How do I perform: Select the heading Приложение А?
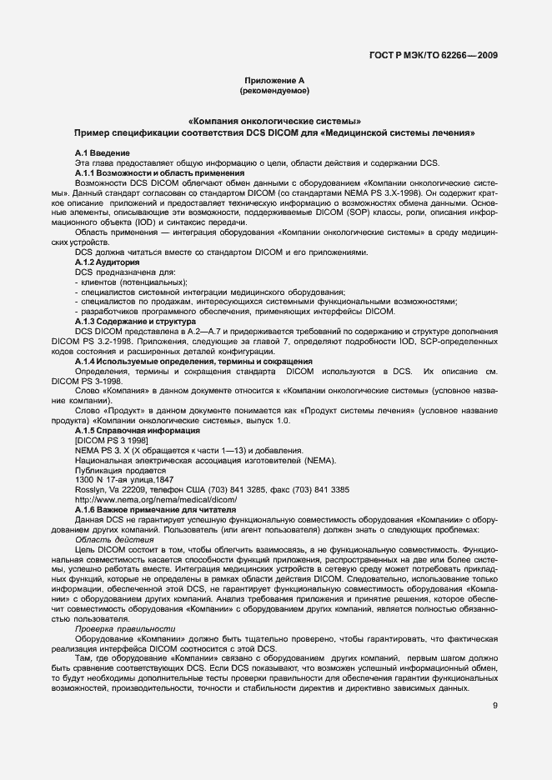pyautogui.click(x=274, y=79)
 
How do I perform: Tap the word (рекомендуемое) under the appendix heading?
pyautogui.click(x=274, y=89)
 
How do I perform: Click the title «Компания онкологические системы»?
pyautogui.click(x=274, y=122)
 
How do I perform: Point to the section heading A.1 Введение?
pyautogui.click(x=102, y=153)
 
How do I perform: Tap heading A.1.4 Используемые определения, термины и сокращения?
pyautogui.click(x=182, y=360)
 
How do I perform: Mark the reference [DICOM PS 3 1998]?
pyautogui.click(x=112, y=440)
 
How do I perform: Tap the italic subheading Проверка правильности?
pyautogui.click(x=125, y=629)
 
